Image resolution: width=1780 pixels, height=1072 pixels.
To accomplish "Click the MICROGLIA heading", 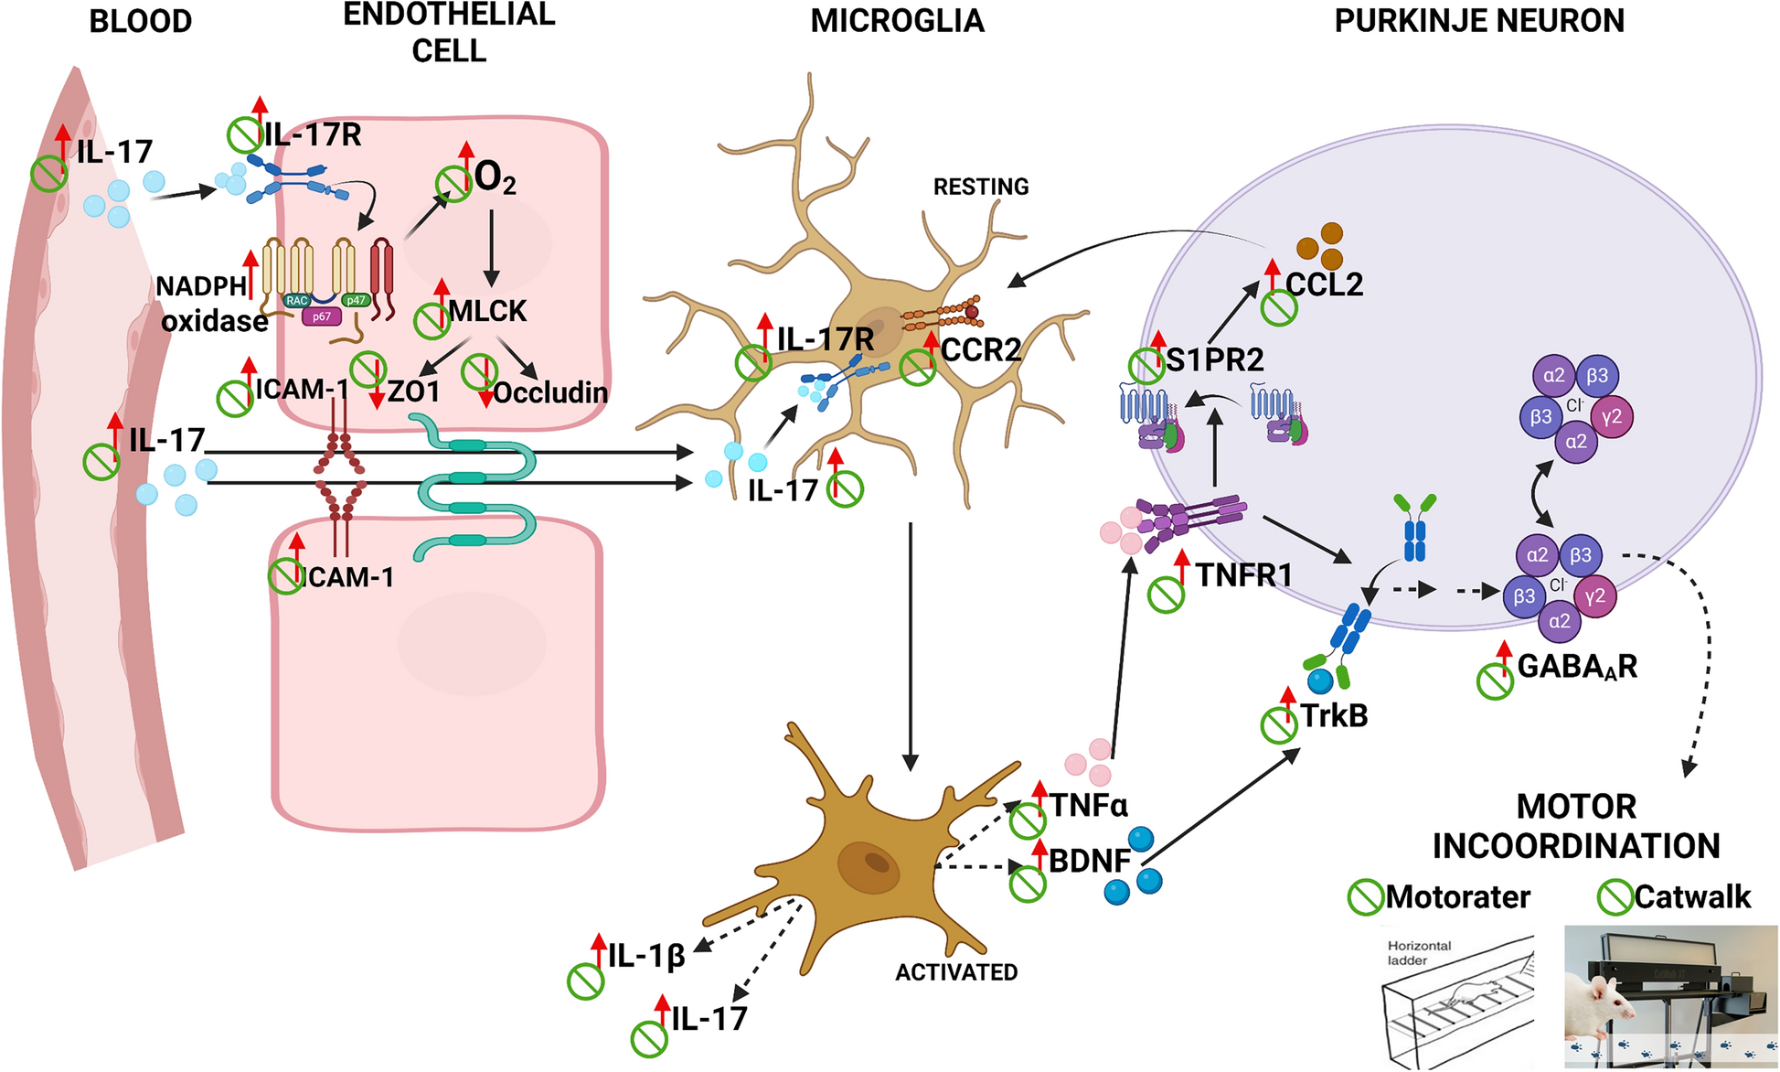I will (897, 21).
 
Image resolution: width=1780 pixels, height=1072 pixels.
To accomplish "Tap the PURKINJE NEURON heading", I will (1479, 21).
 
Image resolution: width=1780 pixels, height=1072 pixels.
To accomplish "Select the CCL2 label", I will (1324, 284).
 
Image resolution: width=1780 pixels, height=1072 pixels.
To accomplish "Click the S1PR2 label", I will (1215, 359).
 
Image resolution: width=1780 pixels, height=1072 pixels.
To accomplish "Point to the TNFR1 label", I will (1243, 575).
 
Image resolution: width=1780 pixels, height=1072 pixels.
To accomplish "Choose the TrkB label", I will (1334, 715).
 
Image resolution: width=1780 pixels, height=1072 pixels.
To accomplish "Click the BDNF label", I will (1090, 861).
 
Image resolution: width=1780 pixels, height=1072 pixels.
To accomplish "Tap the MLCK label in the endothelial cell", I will (487, 311).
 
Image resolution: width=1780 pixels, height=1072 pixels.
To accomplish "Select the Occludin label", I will (550, 392).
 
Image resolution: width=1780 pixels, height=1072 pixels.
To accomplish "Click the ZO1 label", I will (414, 392).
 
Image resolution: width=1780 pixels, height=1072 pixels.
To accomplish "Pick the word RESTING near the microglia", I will (980, 187).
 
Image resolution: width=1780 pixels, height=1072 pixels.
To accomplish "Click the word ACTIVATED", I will (956, 972).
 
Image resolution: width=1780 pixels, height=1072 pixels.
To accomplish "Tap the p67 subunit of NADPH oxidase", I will (322, 316).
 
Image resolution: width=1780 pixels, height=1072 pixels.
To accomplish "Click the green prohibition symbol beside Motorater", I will (1365, 897).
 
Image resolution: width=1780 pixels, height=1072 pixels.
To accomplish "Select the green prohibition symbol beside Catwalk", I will (1615, 897).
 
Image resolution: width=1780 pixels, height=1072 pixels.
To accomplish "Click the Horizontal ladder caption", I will (1419, 953).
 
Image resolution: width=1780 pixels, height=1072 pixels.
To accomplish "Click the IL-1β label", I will (646, 957).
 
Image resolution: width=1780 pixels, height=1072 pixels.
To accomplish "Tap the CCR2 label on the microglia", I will (980, 349).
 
